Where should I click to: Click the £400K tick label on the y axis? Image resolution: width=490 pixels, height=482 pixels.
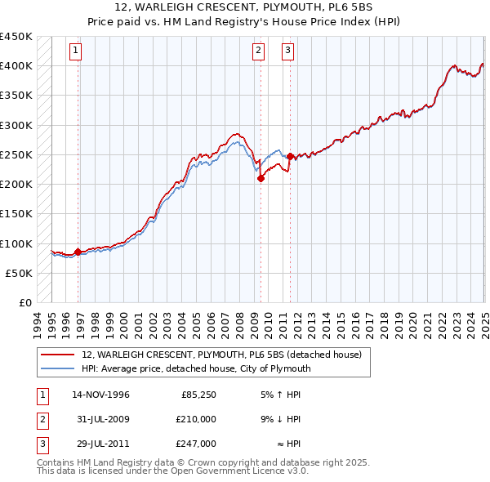click(x=16, y=66)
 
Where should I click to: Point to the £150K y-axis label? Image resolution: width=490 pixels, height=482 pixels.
click(x=16, y=213)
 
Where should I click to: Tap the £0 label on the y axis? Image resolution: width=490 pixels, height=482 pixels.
click(x=24, y=302)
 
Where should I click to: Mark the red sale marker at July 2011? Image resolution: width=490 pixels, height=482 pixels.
click(x=290, y=156)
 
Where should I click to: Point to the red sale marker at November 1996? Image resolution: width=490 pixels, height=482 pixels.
click(x=78, y=252)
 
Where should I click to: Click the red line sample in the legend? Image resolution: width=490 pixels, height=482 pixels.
click(x=59, y=355)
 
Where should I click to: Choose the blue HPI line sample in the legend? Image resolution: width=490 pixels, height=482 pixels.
click(x=59, y=368)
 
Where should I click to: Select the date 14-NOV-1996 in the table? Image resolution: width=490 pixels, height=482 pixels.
click(x=101, y=395)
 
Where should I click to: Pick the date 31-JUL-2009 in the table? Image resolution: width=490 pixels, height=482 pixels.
click(x=101, y=419)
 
